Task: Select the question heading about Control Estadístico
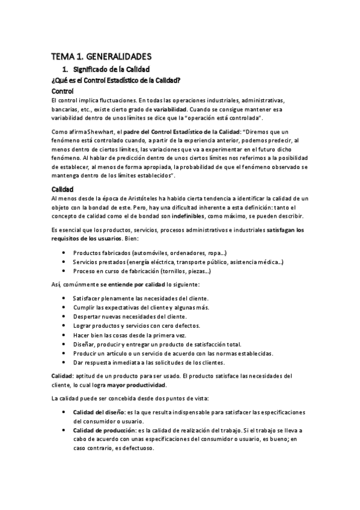tap(117, 80)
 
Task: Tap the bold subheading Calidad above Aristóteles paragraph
tap(63, 188)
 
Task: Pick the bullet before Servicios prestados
tap(64, 262)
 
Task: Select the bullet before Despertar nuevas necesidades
tap(64, 316)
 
